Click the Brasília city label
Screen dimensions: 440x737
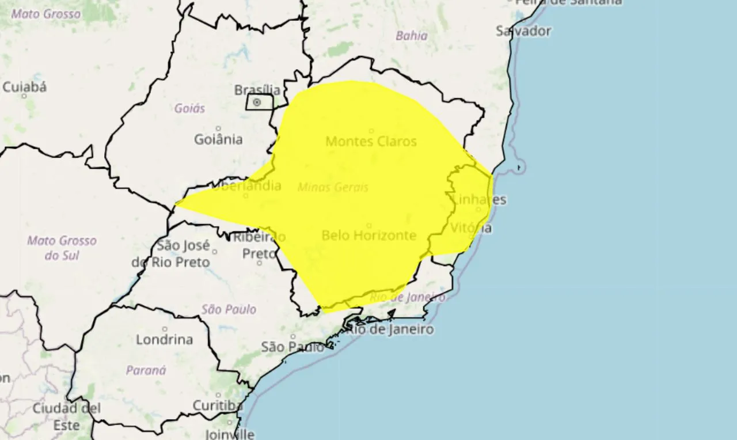[257, 90]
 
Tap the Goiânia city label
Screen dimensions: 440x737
[218, 139]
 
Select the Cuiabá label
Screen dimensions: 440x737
[25, 87]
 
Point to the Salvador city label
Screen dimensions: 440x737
[523, 31]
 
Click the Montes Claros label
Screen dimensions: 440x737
[371, 141]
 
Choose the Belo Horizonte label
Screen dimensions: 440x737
[368, 235]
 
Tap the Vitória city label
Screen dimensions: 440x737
[471, 227]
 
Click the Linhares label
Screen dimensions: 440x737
[480, 199]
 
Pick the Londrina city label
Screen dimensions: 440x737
[164, 339]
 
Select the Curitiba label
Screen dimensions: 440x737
[217, 405]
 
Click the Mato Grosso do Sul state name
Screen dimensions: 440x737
[62, 248]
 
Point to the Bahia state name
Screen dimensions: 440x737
[411, 36]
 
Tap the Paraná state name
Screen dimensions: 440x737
[146, 370]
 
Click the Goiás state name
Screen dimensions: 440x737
[189, 108]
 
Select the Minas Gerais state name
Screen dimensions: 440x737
[333, 187]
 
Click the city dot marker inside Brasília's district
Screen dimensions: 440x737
[257, 103]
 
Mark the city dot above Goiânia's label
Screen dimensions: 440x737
[218, 128]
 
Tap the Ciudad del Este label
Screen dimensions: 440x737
[66, 416]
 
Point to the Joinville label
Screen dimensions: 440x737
[230, 434]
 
